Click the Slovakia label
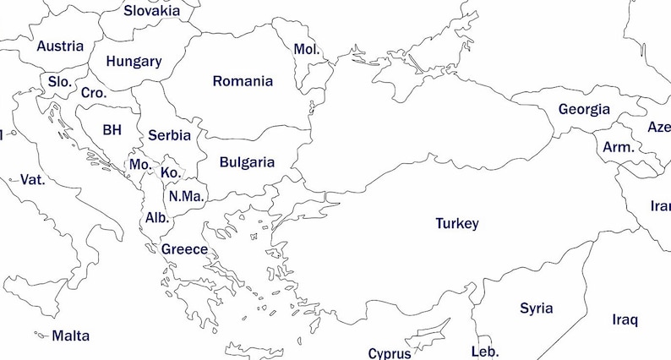tap(151, 11)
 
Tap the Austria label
tap(60, 46)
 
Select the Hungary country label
tap(134, 62)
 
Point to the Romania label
tap(243, 81)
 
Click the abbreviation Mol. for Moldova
tap(306, 49)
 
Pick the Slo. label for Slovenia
tap(59, 81)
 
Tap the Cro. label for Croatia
tap(94, 93)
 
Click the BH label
tap(112, 130)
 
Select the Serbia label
tap(169, 135)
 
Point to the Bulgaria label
tap(247, 162)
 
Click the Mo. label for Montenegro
tap(139, 164)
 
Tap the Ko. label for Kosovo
tap(169, 172)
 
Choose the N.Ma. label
tap(185, 196)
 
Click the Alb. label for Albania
tap(157, 217)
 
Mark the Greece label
tap(184, 249)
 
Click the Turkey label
tap(456, 224)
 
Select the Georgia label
tap(584, 109)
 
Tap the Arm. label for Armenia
tap(618, 147)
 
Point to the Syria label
tap(536, 308)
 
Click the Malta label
tap(70, 335)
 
